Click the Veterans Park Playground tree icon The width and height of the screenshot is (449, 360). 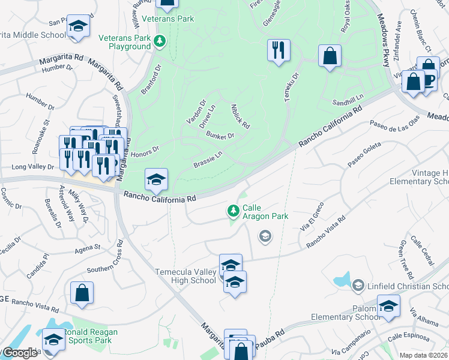coord(159,41)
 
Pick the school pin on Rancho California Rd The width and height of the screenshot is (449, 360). coord(156,179)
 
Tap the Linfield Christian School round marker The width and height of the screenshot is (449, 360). coord(358,284)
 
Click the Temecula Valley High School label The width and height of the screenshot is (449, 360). coord(186,276)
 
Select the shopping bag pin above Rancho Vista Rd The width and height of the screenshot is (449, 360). coord(82,293)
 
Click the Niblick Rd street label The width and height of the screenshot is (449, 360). coord(240,116)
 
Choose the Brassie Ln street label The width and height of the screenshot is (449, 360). coord(208,160)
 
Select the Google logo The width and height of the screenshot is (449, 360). coord(19,353)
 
